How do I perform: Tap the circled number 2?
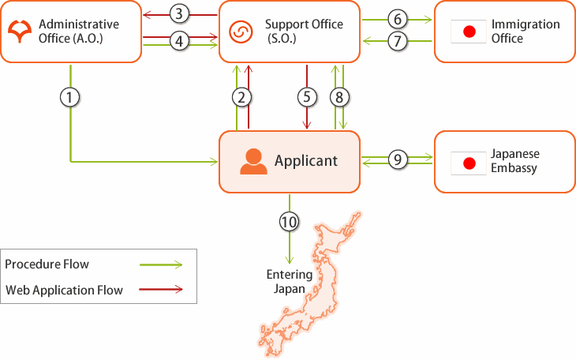pos(242,97)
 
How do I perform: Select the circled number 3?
pos(180,13)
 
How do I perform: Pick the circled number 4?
pos(180,41)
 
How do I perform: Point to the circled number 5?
pos(306,97)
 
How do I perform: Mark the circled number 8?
pos(339,97)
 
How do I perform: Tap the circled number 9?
pos(398,159)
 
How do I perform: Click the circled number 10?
pos(290,222)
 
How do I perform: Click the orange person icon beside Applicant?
pos(253,161)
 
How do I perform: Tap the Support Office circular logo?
pos(239,32)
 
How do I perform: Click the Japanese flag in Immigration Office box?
pos(469,32)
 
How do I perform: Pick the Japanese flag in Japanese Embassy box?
pos(469,163)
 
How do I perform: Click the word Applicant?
pos(306,161)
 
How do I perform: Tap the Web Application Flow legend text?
pos(65,290)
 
